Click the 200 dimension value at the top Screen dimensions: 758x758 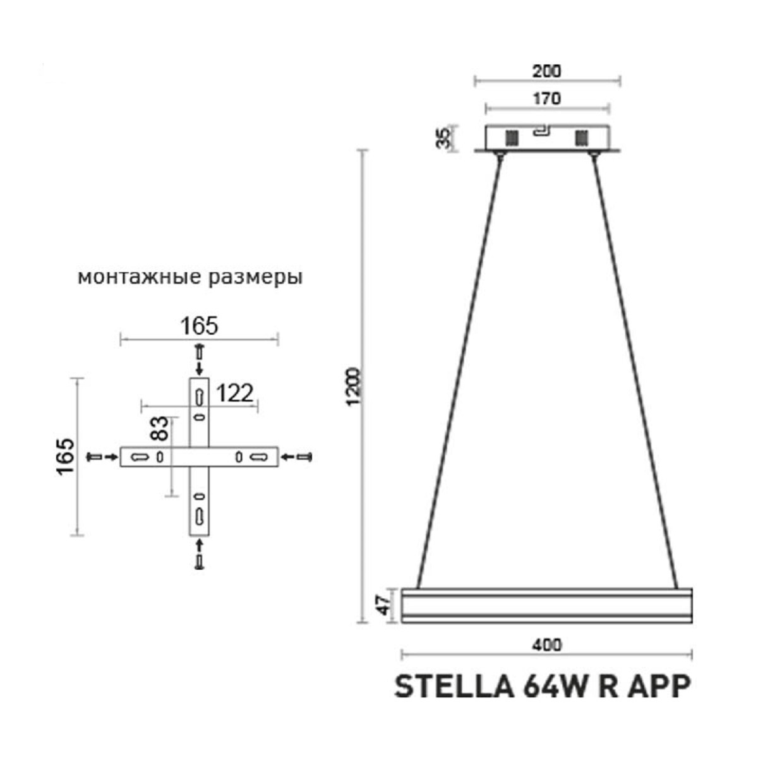(x=547, y=71)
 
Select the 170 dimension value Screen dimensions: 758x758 (x=547, y=99)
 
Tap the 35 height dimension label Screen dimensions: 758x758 (x=443, y=138)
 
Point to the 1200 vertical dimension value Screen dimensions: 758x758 (x=353, y=387)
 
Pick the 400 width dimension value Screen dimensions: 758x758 (x=547, y=646)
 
